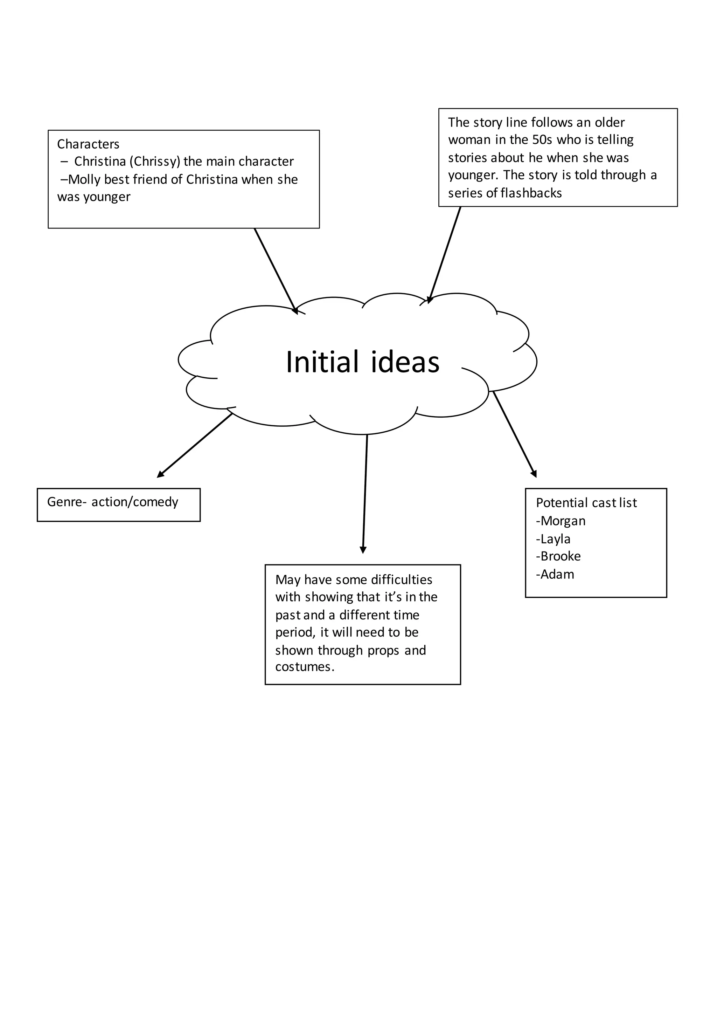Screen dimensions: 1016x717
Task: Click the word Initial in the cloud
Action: pyautogui.click(x=322, y=362)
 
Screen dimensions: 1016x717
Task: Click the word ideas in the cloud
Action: pyautogui.click(x=405, y=362)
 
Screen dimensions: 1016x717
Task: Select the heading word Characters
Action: pyautogui.click(x=88, y=144)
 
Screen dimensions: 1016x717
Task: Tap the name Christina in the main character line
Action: pyautogui.click(x=100, y=162)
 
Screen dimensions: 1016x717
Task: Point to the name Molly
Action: pyautogui.click(x=84, y=180)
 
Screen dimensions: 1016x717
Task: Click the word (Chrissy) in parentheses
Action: pyautogui.click(x=155, y=162)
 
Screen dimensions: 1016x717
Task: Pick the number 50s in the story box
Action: pyautogui.click(x=542, y=140)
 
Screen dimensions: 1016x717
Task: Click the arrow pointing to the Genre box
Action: pyautogui.click(x=195, y=445)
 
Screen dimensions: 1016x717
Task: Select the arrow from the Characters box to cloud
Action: pyautogui.click(x=275, y=271)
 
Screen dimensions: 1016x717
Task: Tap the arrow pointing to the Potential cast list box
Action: pyautogui.click(x=514, y=434)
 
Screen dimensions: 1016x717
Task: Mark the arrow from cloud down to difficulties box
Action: pyautogui.click(x=365, y=493)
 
